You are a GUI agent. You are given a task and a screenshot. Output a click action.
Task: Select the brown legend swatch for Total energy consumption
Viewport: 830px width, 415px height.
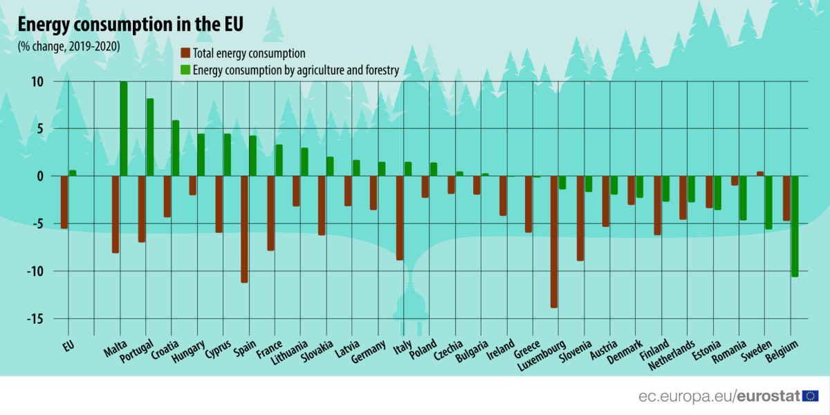click(185, 53)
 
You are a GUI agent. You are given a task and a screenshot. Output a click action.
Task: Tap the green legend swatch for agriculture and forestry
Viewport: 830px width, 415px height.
click(185, 70)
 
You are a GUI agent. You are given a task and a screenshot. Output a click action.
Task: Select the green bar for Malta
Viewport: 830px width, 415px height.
click(124, 129)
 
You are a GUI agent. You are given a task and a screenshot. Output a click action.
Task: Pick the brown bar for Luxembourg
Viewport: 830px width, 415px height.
click(554, 241)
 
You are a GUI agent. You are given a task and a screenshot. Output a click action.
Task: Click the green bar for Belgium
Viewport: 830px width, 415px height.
click(795, 226)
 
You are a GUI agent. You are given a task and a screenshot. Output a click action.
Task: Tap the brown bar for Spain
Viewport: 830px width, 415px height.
click(245, 229)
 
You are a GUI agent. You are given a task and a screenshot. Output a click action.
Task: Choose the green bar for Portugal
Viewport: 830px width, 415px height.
click(149, 138)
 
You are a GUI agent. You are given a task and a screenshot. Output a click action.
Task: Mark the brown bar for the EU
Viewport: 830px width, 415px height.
click(64, 202)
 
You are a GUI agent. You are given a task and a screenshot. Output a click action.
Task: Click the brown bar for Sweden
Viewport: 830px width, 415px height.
click(760, 174)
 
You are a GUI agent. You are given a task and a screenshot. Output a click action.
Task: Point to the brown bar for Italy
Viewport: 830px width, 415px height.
click(400, 218)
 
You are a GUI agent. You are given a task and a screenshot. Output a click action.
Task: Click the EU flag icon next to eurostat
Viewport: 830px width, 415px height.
click(810, 396)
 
